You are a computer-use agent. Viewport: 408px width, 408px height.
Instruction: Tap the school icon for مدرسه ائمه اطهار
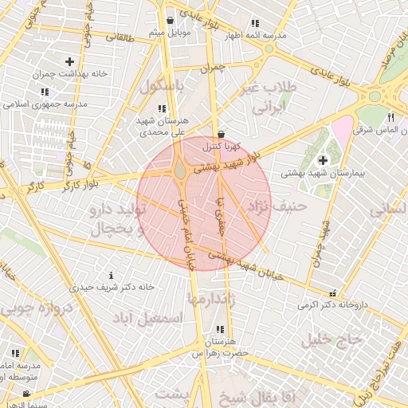[x=254, y=24]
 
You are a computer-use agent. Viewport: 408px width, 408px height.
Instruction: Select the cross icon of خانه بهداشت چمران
[x=70, y=61]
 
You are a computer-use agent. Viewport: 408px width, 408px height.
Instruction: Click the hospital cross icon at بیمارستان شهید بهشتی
[x=323, y=159]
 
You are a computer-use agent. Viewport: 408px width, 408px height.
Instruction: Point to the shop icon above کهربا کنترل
[x=220, y=134]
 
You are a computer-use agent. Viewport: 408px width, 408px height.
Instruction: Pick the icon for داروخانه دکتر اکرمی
[x=332, y=292]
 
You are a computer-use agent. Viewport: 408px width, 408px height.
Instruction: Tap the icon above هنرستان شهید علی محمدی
[x=162, y=108]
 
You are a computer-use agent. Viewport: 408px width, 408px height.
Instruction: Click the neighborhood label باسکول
[x=162, y=86]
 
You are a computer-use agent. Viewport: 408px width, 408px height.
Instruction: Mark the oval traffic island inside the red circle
[x=181, y=171]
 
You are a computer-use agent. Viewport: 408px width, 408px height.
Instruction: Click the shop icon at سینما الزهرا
[x=26, y=394]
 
